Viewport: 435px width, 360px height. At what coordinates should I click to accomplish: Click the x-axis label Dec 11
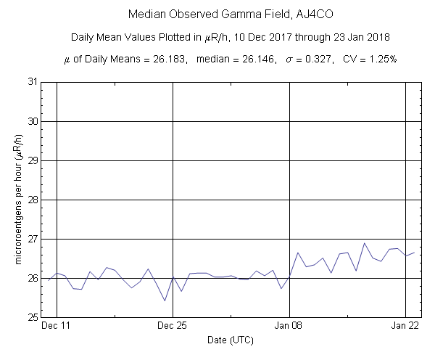coord(56,327)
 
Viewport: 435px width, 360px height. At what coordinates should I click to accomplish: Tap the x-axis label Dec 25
coord(173,327)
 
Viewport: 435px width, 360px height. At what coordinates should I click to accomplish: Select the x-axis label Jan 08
coord(289,327)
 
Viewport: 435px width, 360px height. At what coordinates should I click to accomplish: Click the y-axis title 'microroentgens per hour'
coord(16,200)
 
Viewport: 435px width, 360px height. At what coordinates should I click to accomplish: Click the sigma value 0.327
coord(319,59)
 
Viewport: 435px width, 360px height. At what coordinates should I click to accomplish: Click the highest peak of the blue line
coord(364,243)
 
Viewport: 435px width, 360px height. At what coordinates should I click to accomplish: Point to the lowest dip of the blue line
coord(165,300)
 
